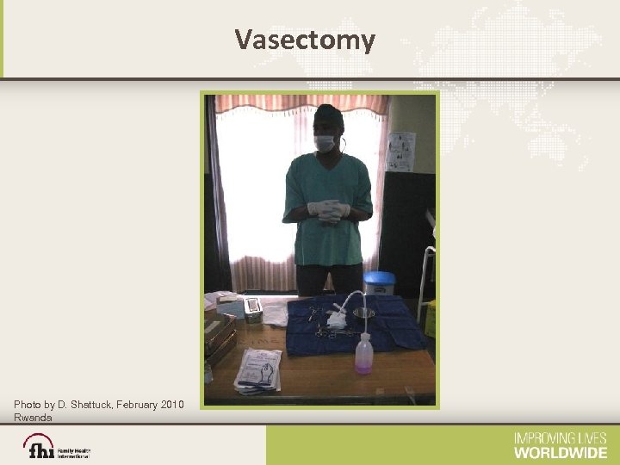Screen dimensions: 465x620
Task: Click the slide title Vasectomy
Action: pos(305,40)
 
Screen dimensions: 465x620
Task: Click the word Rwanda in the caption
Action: pos(33,417)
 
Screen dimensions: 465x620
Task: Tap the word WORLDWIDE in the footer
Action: pos(561,452)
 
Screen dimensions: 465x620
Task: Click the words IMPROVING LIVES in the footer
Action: pos(561,438)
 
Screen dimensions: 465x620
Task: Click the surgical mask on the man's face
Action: pos(324,143)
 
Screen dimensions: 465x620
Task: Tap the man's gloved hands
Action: pos(327,210)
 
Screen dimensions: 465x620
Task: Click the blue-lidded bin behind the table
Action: pos(380,282)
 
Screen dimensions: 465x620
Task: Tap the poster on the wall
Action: pos(401,152)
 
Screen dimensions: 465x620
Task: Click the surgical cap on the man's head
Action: pos(328,115)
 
